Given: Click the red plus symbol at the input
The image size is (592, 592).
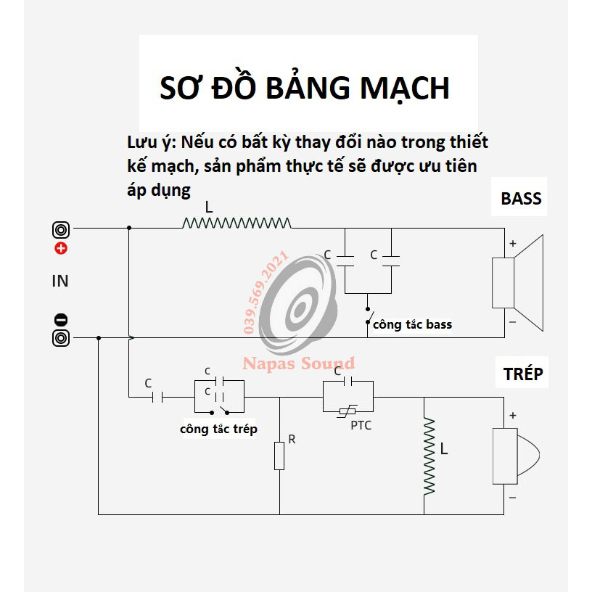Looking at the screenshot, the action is [x=61, y=248].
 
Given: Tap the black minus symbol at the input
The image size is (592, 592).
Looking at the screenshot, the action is [x=61, y=320].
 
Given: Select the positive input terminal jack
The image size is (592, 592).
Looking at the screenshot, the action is [x=61, y=229].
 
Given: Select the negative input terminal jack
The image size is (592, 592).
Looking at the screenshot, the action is [x=61, y=338].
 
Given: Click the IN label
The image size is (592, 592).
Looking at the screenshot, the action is [x=60, y=281].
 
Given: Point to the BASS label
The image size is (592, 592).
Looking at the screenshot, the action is [x=521, y=199].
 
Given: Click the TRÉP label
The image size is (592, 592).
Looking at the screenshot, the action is [x=523, y=374].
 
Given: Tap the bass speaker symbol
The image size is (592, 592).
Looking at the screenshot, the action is [x=517, y=283].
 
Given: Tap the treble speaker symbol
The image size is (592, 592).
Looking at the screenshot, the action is [x=516, y=456].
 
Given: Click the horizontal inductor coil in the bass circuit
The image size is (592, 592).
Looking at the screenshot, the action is [x=237, y=223].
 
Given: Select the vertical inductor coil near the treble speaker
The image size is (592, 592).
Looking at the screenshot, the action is [x=429, y=456].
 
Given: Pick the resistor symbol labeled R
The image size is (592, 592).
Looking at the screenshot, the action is [x=279, y=456].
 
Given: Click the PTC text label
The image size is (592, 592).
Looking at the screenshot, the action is [x=361, y=425].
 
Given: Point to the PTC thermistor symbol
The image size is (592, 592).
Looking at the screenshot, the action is [x=348, y=411].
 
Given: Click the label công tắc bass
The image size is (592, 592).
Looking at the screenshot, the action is [x=412, y=325].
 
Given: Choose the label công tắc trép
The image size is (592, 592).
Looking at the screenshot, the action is [x=218, y=429].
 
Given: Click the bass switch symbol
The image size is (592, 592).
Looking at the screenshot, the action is [x=369, y=316].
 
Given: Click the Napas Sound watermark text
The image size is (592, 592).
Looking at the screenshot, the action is [x=299, y=363].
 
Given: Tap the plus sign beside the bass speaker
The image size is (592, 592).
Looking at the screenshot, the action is [x=512, y=244].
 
